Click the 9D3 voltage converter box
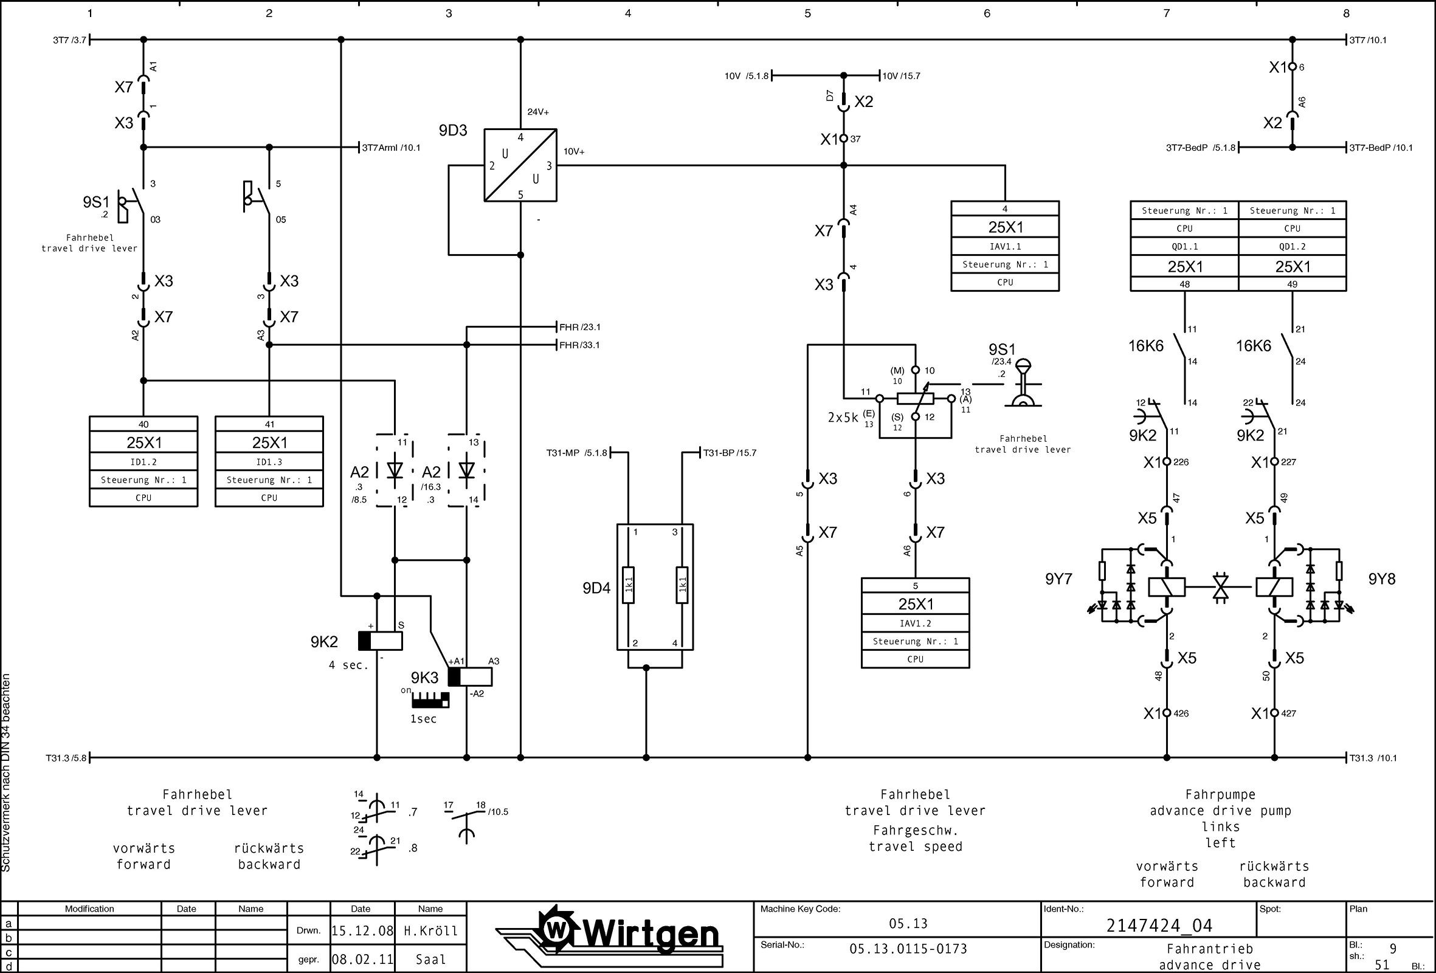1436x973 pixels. (520, 165)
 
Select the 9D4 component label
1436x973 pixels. (596, 588)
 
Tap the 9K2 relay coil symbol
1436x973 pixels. (380, 641)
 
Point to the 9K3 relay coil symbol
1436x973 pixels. (470, 677)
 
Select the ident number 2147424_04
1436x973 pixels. (1159, 926)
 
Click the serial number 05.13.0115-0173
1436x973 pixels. (908, 949)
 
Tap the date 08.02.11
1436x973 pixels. (362, 960)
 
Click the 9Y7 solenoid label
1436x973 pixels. (1058, 579)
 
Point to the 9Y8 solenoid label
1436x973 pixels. (1382, 579)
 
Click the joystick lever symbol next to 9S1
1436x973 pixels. (1023, 383)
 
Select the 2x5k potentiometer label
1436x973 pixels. (843, 418)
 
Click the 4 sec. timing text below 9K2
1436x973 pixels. (348, 665)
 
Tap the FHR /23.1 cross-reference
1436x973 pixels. (579, 327)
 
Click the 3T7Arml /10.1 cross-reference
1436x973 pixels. (390, 148)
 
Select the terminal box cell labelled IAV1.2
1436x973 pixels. (915, 624)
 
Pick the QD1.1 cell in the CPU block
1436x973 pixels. (1184, 247)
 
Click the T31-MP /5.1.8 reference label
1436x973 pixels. (576, 453)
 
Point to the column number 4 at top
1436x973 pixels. (628, 13)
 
